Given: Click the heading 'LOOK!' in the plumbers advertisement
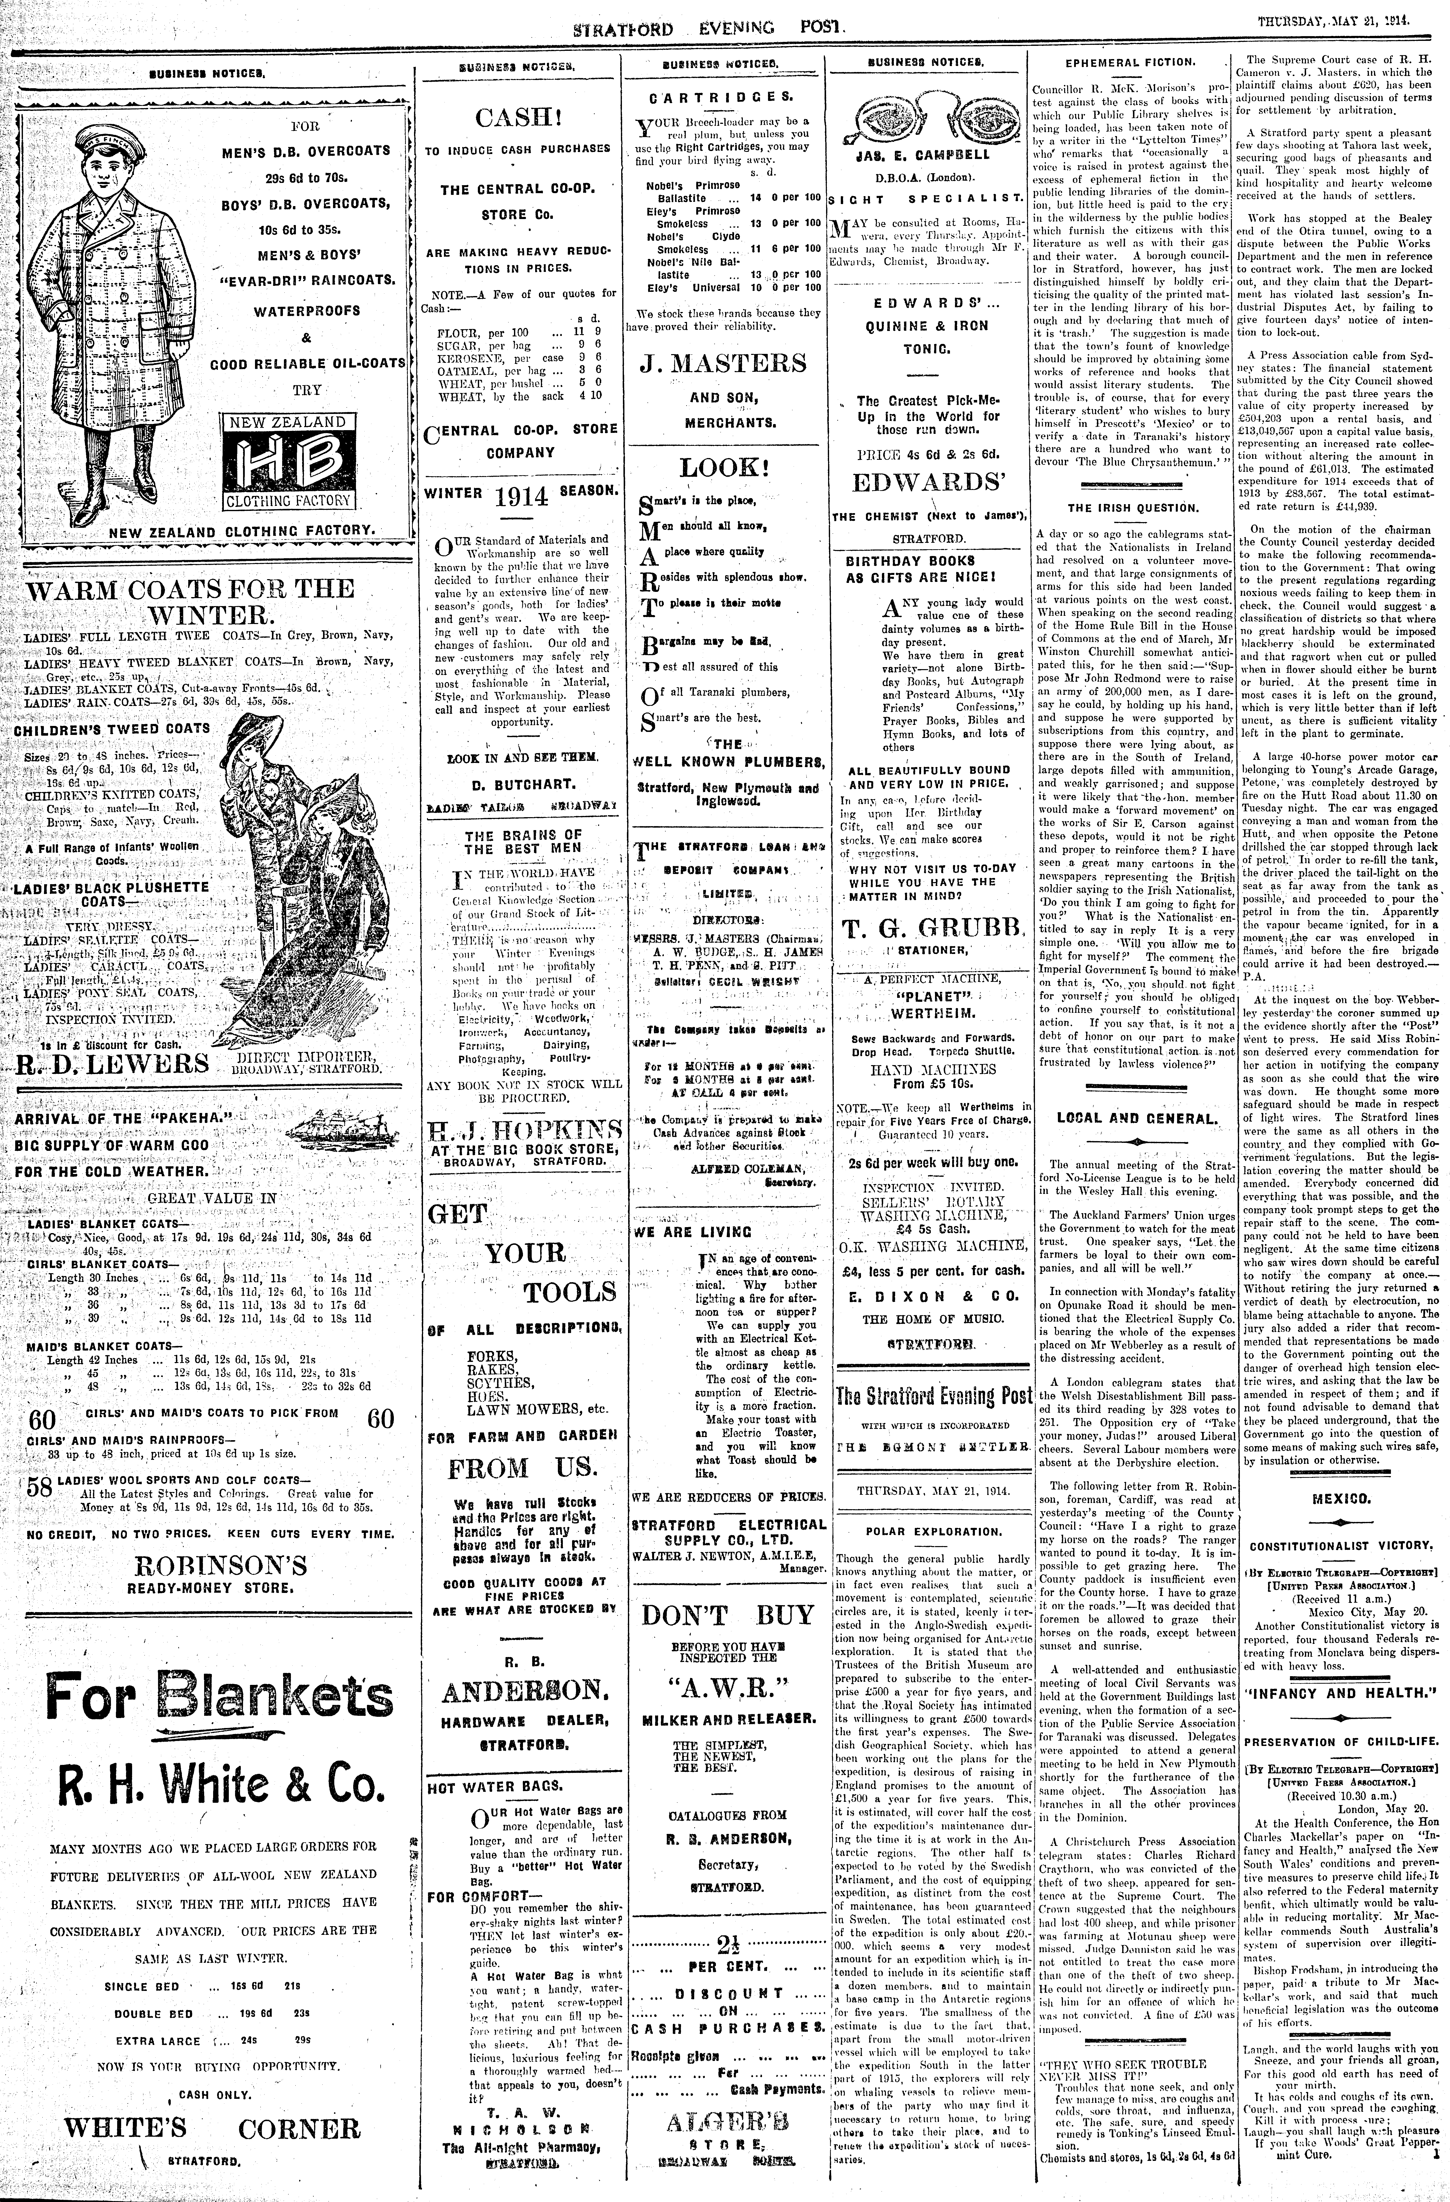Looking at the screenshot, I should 725,467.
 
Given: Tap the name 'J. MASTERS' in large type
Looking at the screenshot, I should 723,363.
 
